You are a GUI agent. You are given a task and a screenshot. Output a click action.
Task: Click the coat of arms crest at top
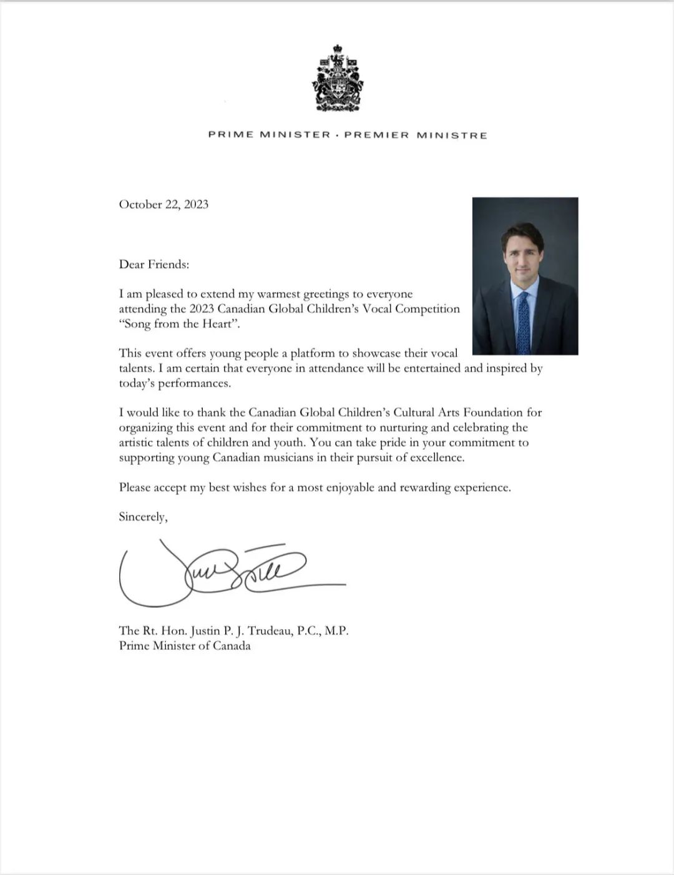337,79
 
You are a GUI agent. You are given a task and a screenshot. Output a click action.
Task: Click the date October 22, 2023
164,205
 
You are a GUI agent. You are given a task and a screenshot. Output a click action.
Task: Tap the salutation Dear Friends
154,265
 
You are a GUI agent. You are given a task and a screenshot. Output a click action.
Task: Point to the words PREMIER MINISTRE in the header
416,135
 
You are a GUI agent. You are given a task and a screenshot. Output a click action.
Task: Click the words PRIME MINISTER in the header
269,135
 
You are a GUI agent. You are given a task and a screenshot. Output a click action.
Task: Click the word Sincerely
143,517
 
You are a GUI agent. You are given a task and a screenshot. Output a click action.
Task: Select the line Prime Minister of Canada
185,646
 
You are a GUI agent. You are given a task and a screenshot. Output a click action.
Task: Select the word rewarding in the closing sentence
427,488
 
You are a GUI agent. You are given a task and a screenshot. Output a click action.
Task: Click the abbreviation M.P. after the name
336,631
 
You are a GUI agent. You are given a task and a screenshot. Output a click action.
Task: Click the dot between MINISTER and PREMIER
338,135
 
